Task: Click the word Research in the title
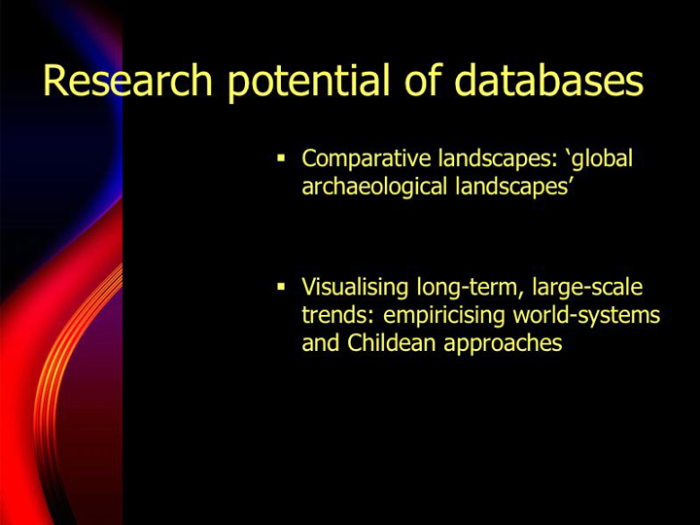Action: (127, 80)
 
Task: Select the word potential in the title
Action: (309, 83)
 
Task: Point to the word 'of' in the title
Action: (423, 80)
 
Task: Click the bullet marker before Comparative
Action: (281, 157)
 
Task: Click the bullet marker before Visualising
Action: (281, 286)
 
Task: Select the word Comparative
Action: (367, 159)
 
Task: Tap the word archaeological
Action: (374, 187)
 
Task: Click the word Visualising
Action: (355, 287)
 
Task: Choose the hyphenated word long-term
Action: (470, 288)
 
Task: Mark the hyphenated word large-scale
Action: (587, 288)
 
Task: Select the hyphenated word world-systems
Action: (586, 316)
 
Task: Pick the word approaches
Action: (504, 344)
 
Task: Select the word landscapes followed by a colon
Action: (498, 159)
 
